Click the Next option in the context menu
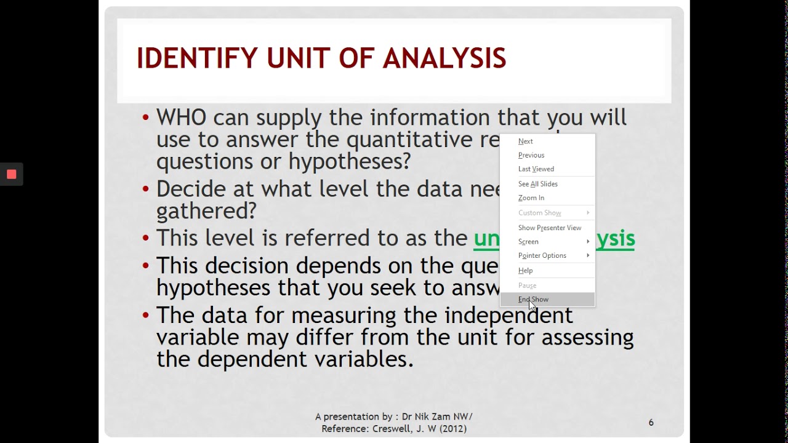click(x=526, y=142)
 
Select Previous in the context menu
click(x=531, y=155)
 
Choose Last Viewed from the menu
click(x=536, y=169)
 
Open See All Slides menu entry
click(x=538, y=184)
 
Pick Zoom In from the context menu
click(x=531, y=198)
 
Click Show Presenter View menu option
click(x=550, y=228)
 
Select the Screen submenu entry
click(x=529, y=242)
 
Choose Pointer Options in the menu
click(x=542, y=256)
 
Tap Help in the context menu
click(x=526, y=271)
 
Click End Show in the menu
click(x=534, y=300)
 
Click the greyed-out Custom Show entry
click(x=540, y=213)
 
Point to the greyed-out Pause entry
click(x=528, y=285)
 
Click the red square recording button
click(x=11, y=174)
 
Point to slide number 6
click(x=651, y=423)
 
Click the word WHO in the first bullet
click(x=181, y=118)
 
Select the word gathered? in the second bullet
click(x=206, y=211)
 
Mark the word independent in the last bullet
click(x=509, y=315)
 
